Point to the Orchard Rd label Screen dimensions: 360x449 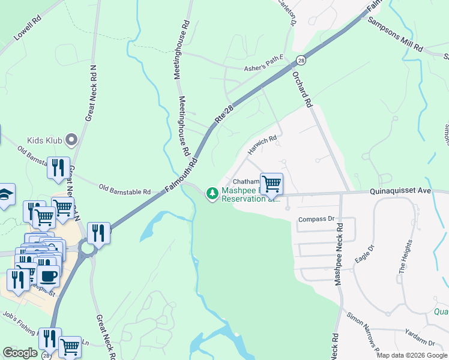(303, 90)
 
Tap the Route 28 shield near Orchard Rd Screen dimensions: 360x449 (301, 60)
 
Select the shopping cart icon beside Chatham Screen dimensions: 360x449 (271, 183)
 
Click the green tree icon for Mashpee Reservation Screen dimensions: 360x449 (212, 193)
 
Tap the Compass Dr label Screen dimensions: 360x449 (316, 220)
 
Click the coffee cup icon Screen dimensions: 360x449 (48, 276)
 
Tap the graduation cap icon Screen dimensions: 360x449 (5, 194)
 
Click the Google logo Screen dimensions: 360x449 (20, 353)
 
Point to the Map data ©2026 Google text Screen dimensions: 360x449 (412, 355)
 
